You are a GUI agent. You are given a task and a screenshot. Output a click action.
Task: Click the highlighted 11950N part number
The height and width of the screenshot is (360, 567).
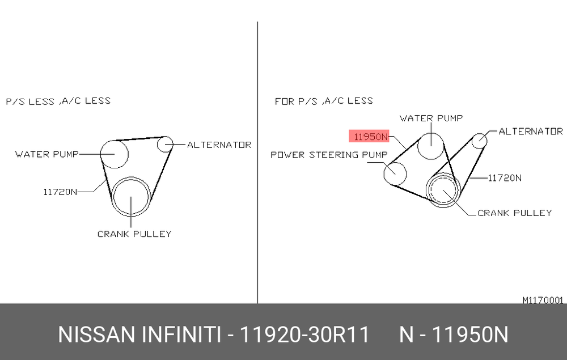[x=369, y=137]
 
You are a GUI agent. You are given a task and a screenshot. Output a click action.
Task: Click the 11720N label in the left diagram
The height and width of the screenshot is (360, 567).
[x=60, y=192]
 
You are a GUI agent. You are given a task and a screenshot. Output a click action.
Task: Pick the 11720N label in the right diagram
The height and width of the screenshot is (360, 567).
[x=505, y=178]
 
